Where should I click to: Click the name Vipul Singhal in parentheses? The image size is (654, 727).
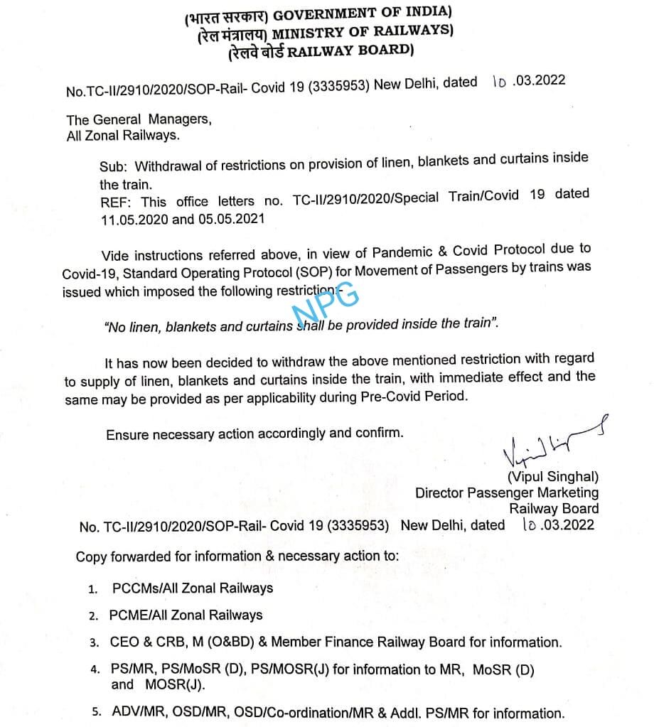552,477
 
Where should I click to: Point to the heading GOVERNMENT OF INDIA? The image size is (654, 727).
363,14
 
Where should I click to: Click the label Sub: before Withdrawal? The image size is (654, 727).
114,168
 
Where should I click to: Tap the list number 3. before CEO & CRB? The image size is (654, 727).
94,643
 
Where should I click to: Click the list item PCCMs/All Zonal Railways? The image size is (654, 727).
193,588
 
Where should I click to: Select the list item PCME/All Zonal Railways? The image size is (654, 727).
186,615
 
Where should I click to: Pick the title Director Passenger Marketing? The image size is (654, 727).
506,492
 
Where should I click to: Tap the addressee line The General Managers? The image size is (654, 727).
139,119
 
